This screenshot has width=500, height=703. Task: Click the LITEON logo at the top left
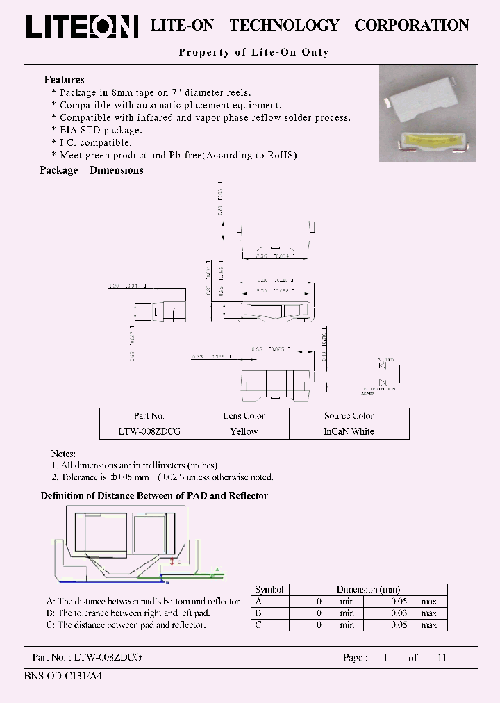[x=82, y=26]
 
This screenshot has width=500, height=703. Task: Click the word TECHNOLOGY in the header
[x=284, y=26]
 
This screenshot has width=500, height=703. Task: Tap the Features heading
[x=65, y=80]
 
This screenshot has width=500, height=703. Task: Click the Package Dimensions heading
[x=92, y=170]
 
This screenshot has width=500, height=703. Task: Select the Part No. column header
[x=149, y=416]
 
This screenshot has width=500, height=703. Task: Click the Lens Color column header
[x=244, y=416]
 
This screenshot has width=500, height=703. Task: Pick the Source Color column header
[x=349, y=416]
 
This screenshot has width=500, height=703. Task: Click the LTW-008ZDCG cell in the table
[x=149, y=431]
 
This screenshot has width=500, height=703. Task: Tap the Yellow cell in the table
[x=244, y=431]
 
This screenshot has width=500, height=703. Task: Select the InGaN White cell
[x=349, y=431]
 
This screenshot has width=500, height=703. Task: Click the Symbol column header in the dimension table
[x=269, y=589]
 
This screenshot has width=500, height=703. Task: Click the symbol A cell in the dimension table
[x=259, y=602]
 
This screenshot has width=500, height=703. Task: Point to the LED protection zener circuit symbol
[x=381, y=374]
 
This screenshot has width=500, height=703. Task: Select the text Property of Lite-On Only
[x=253, y=52]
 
